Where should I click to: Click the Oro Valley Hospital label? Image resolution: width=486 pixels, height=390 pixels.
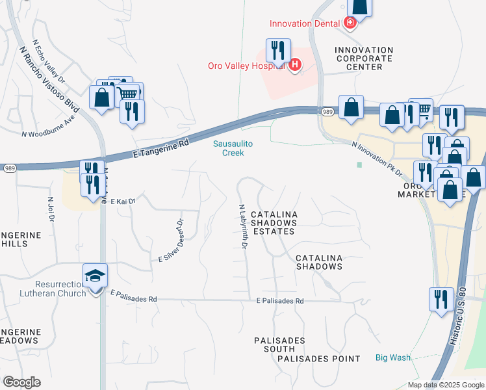(x=248, y=65)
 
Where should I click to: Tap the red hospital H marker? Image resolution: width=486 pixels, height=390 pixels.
(x=295, y=64)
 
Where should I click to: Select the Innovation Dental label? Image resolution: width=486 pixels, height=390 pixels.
(x=305, y=23)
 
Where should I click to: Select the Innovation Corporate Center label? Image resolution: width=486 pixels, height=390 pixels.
(x=364, y=58)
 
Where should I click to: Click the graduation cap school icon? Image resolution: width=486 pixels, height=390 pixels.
(x=95, y=276)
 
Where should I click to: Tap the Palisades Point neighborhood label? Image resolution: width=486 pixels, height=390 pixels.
(x=318, y=358)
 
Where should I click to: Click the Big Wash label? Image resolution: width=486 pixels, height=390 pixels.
(x=393, y=357)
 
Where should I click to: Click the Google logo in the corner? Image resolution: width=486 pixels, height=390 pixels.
(x=21, y=382)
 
